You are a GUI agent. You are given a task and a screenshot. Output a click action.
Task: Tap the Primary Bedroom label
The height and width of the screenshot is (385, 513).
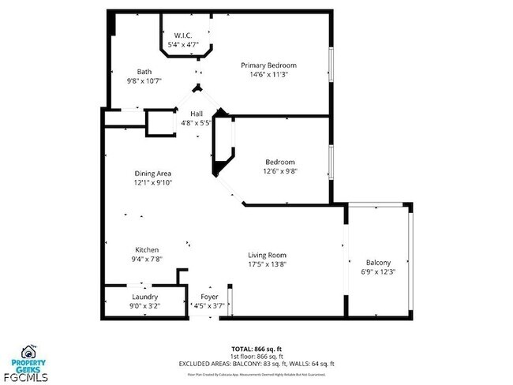[268, 65]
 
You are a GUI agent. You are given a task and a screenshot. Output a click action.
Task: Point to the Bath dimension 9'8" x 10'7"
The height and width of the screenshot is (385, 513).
[144, 80]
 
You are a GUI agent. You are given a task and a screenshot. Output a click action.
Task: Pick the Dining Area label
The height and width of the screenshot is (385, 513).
[153, 174]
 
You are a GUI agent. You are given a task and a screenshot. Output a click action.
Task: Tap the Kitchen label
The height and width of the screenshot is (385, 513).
[147, 249]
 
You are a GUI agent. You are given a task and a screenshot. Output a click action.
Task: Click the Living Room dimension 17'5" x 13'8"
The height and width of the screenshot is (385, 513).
[267, 264]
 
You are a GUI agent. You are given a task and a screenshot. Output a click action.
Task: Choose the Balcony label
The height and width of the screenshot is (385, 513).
[378, 263]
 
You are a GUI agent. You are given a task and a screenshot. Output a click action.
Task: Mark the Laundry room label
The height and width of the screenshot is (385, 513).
[144, 297]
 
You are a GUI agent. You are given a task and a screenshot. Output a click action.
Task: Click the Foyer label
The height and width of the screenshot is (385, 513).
[209, 297]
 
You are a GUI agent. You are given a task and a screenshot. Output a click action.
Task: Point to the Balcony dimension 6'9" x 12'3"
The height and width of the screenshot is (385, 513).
[378, 272]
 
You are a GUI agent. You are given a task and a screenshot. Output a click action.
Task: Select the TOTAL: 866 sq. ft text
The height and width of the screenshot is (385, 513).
[256, 348]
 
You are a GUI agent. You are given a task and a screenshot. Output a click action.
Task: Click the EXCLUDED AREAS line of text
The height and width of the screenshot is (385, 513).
[256, 364]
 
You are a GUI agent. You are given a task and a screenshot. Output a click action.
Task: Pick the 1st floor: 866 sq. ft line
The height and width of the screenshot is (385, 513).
[256, 356]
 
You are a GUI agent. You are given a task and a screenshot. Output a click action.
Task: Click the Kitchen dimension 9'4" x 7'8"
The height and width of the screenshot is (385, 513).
[147, 259]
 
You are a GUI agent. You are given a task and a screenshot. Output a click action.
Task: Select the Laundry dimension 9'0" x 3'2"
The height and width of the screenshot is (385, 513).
[144, 306]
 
